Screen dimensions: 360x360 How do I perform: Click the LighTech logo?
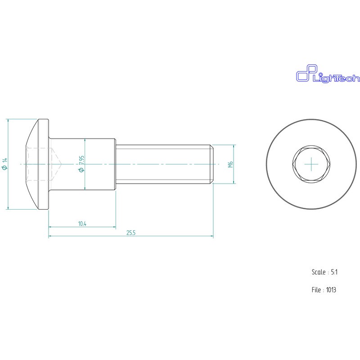[x=327, y=75]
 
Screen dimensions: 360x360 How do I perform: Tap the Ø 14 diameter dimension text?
[x=4, y=164]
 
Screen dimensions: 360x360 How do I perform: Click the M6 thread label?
[x=230, y=164]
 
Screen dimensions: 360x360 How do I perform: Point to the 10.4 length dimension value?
[x=82, y=224]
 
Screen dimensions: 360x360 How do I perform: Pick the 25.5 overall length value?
[x=131, y=233]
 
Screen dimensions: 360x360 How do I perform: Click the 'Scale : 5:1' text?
[x=324, y=272]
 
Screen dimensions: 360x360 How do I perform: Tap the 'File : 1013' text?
[x=324, y=290]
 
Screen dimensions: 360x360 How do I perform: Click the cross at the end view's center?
[x=311, y=165]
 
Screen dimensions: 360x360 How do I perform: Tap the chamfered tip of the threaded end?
[x=211, y=164]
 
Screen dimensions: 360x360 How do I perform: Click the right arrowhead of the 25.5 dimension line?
[x=211, y=236]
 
